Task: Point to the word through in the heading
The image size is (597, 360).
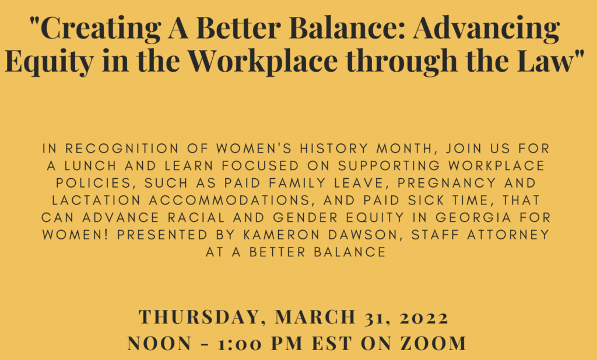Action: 402,62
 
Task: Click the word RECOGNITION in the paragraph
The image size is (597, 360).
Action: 122,149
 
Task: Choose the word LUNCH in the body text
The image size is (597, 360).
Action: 90,166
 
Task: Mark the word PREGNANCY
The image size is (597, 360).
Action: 447,183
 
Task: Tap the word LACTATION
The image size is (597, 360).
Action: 96,200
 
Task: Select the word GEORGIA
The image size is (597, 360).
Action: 473,218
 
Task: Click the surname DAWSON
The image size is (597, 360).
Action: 366,235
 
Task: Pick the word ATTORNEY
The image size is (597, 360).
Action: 508,235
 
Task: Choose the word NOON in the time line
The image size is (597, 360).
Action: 160,344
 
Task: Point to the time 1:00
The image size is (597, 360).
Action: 240,344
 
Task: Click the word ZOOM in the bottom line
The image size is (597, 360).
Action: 433,344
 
